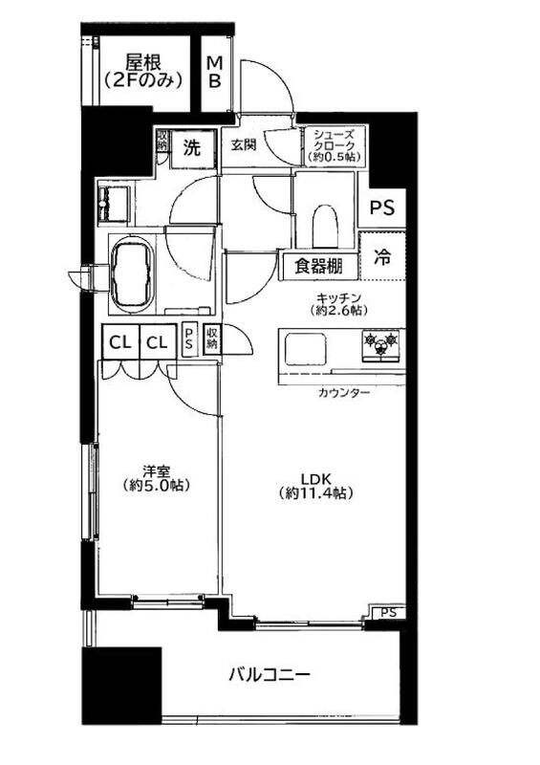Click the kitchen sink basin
pyautogui.click(x=306, y=348)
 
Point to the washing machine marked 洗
pyautogui.click(x=192, y=148)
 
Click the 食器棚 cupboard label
pyautogui.click(x=318, y=267)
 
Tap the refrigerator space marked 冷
pyautogui.click(x=382, y=256)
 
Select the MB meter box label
pyautogui.click(x=215, y=72)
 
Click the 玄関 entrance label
pyautogui.click(x=244, y=145)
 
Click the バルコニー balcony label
pyautogui.click(x=270, y=675)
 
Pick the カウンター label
pyautogui.click(x=344, y=393)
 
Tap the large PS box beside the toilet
pyautogui.click(x=382, y=208)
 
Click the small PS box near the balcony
pyautogui.click(x=388, y=612)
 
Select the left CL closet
pyautogui.click(x=120, y=342)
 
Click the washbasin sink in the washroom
pyautogui.click(x=114, y=205)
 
